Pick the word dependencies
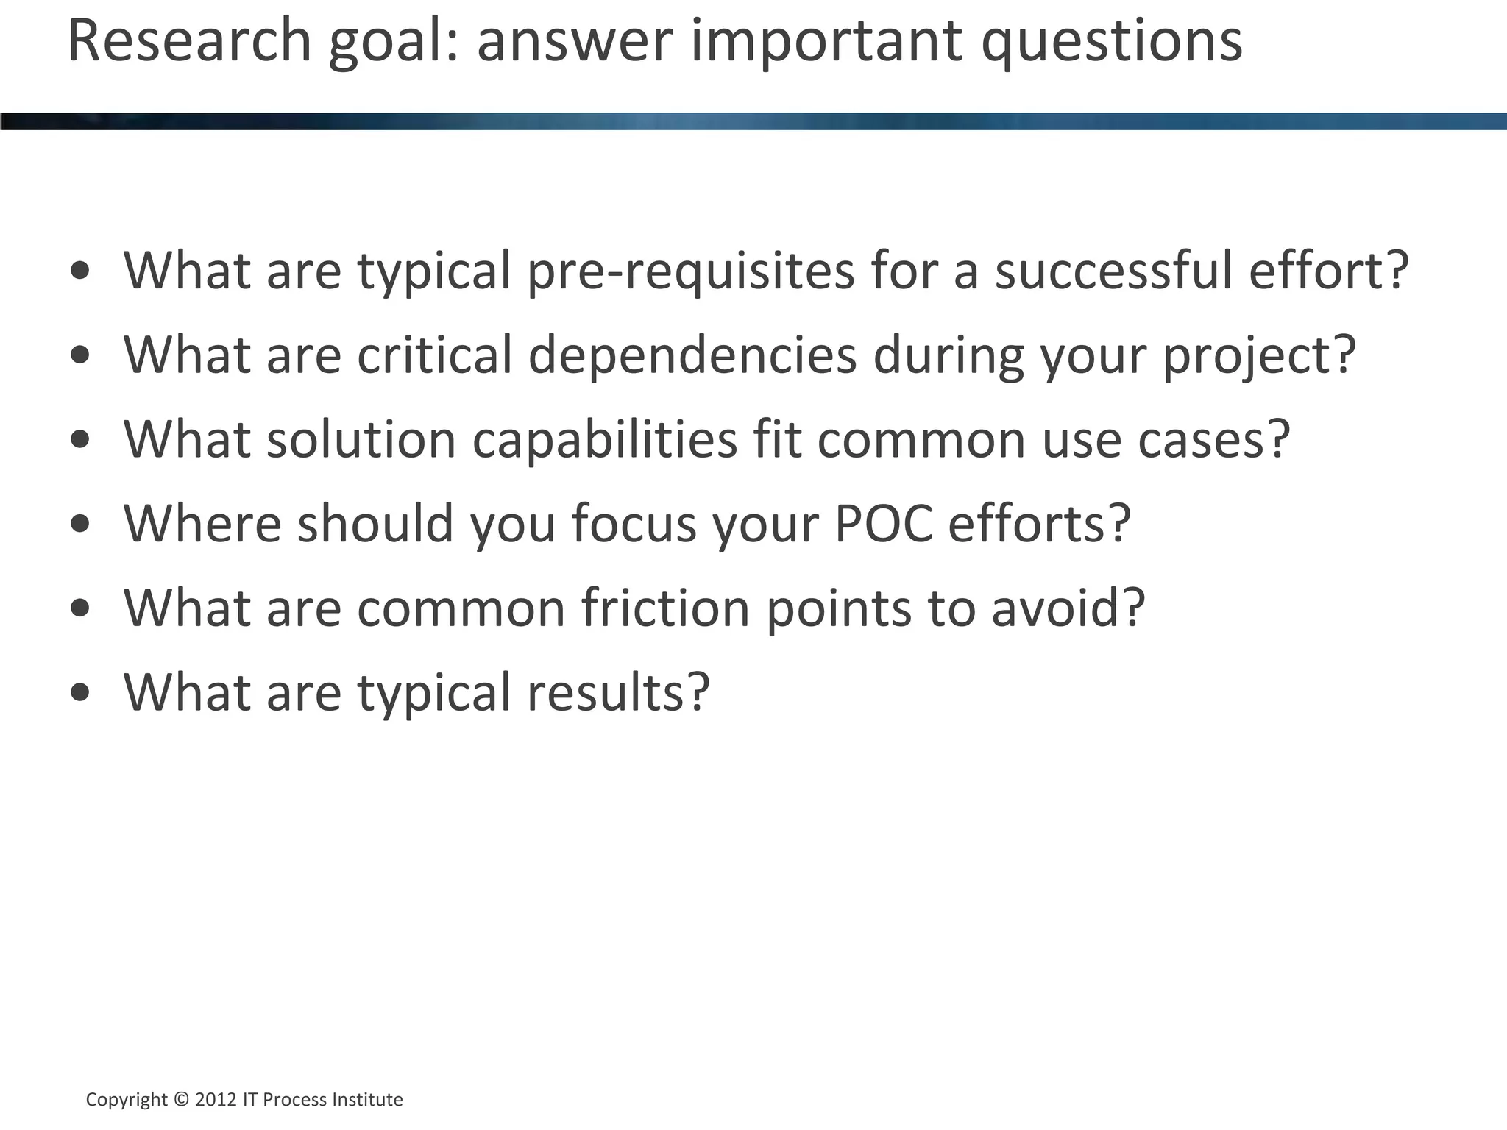point(692,355)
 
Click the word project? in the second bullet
point(1259,357)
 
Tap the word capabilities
point(604,440)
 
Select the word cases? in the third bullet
point(1214,440)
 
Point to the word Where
point(202,524)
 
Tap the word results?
point(618,692)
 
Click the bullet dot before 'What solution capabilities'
point(80,441)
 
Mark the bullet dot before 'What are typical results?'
point(80,693)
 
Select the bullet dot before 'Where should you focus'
point(80,525)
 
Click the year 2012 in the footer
point(216,1100)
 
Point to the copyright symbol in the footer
point(181,1100)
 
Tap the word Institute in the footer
point(367,1100)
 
